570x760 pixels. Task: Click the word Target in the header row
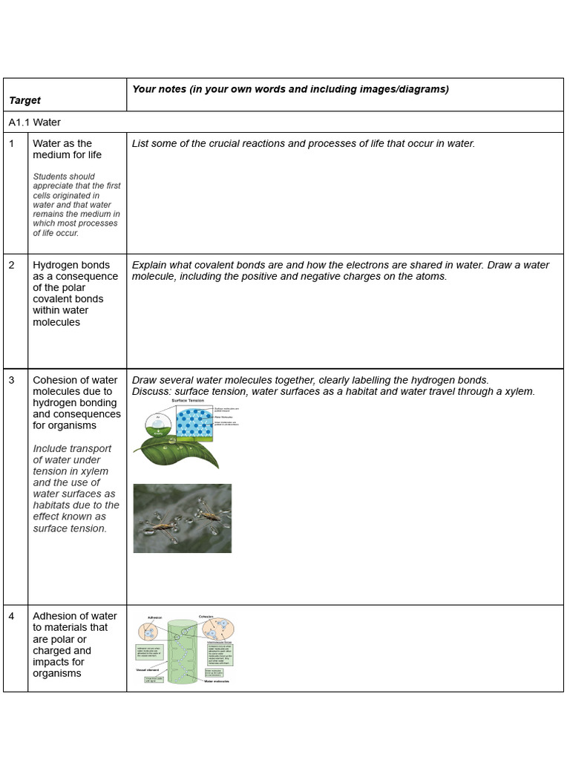point(24,100)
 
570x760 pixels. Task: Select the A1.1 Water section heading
point(35,122)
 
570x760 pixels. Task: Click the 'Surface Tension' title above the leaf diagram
point(188,401)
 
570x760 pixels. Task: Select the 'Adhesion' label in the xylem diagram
point(149,617)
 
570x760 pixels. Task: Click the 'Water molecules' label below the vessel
point(220,679)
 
